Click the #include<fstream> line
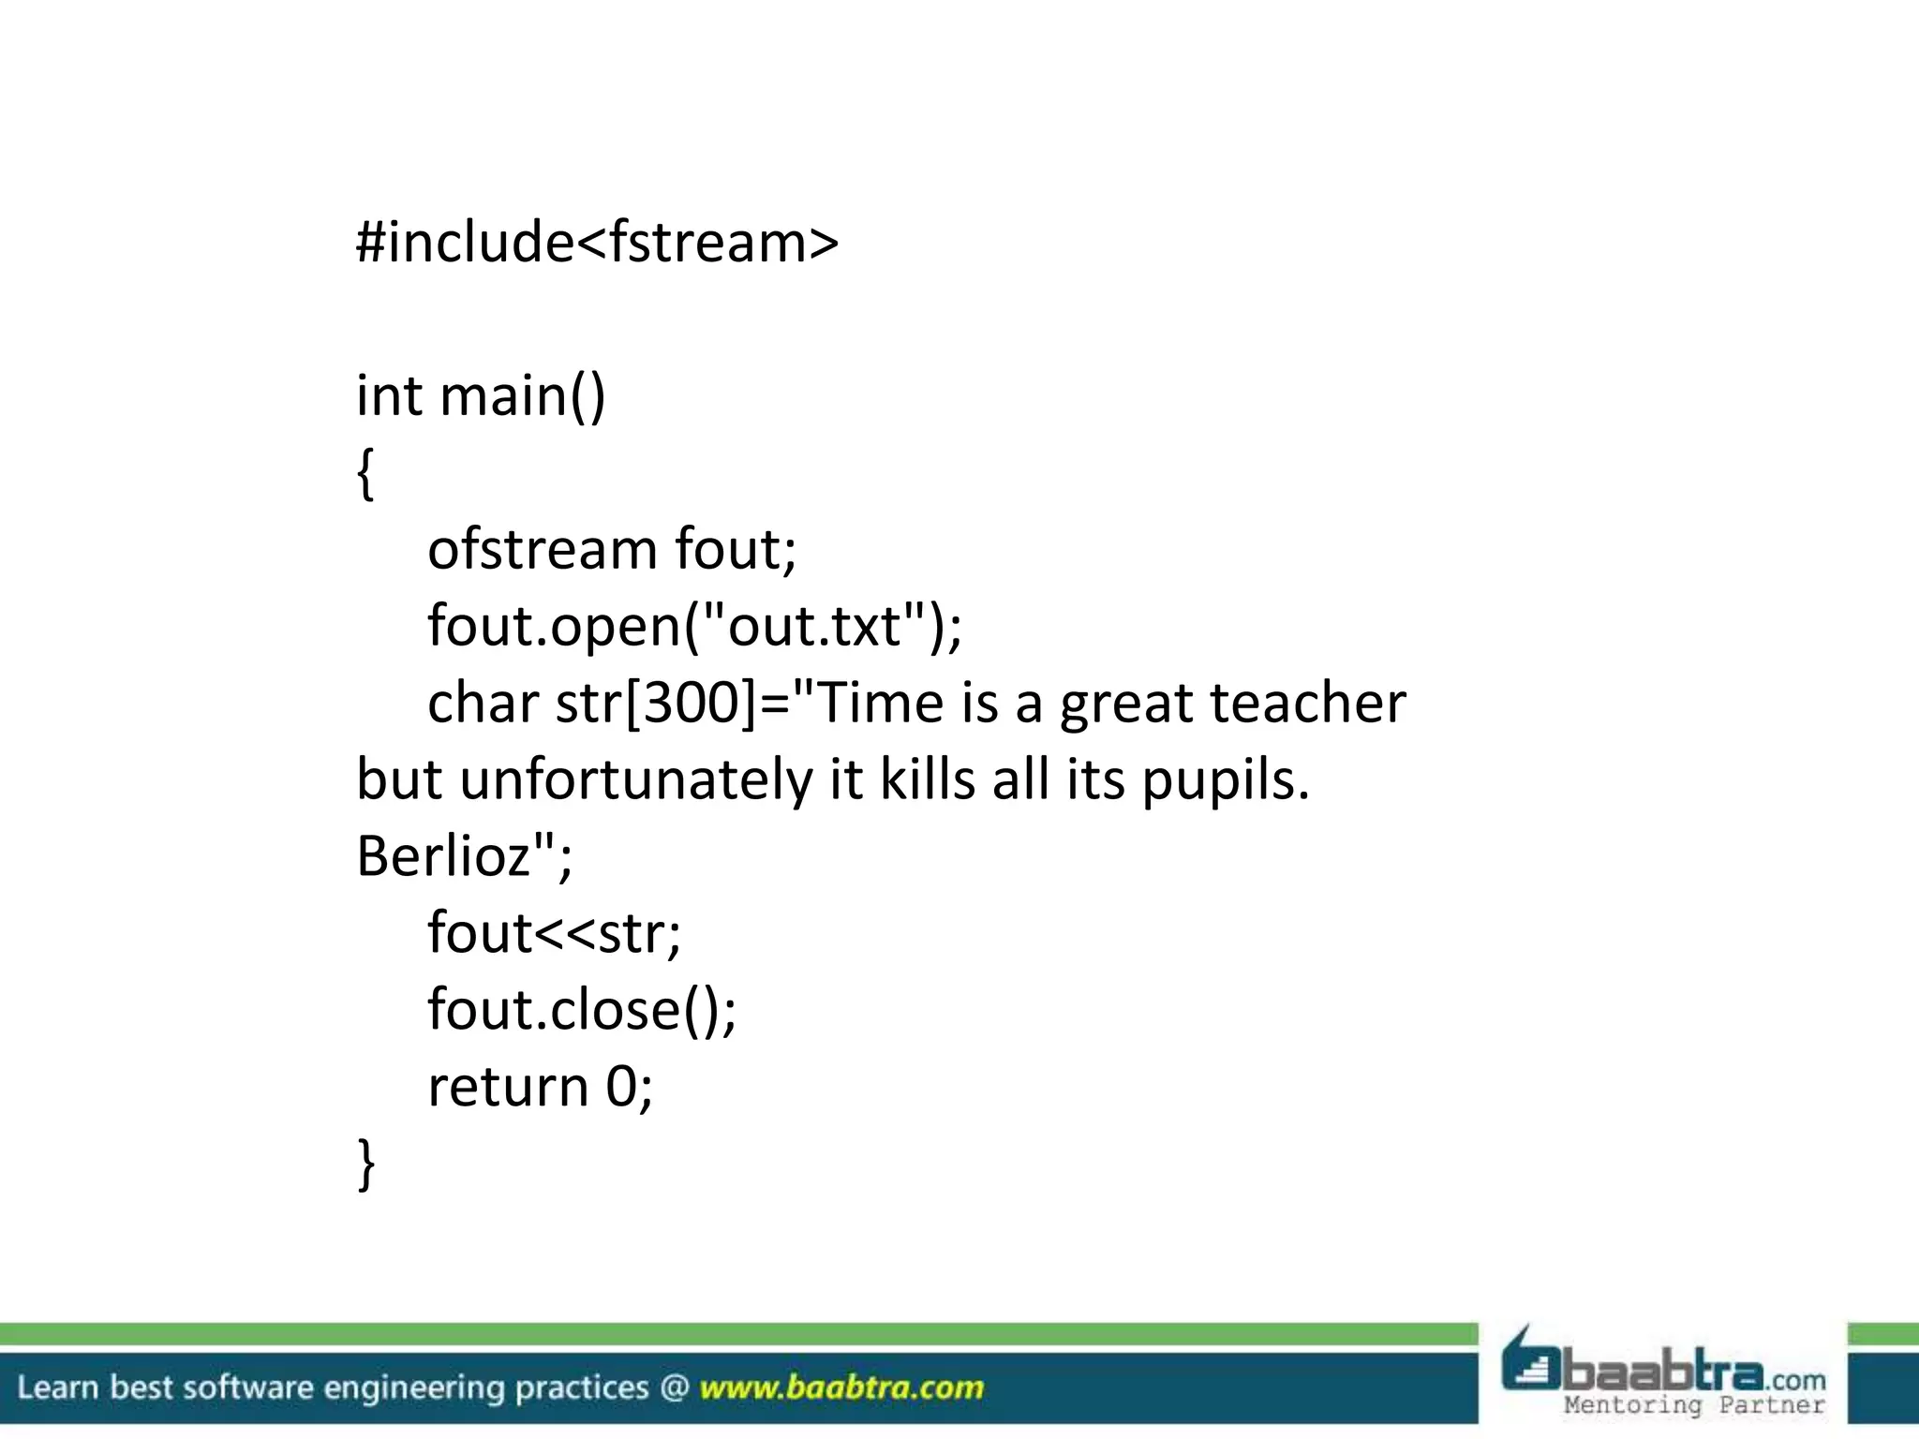point(597,242)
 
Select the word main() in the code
point(523,395)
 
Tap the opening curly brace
point(366,473)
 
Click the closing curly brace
point(366,1164)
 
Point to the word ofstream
point(543,549)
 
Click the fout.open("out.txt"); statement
point(694,626)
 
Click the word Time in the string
point(882,703)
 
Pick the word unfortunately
point(636,779)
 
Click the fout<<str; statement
point(554,933)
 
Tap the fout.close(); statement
point(582,1010)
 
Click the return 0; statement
point(540,1087)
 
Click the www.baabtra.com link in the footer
point(841,1387)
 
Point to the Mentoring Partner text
point(1693,1405)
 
